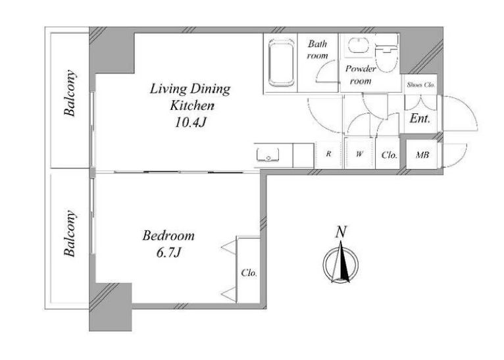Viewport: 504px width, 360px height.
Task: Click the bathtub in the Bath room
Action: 281,63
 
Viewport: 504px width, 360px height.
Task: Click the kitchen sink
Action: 268,155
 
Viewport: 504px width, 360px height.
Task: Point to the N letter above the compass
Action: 341,232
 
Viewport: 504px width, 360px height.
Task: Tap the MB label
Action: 422,155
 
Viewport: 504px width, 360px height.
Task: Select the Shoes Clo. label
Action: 420,85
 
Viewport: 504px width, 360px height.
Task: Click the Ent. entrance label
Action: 420,118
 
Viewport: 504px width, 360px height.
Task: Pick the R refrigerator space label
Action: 328,153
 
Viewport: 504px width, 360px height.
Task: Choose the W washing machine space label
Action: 359,154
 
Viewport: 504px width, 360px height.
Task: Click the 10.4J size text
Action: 190,122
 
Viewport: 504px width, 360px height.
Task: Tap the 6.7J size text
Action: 169,253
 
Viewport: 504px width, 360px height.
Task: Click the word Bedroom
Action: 168,236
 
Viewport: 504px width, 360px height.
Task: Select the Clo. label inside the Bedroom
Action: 249,273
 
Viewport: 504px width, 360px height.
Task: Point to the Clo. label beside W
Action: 390,155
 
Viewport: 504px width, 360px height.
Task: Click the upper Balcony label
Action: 70,93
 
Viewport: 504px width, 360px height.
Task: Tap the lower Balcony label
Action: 70,234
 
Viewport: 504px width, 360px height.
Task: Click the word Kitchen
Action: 192,105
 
